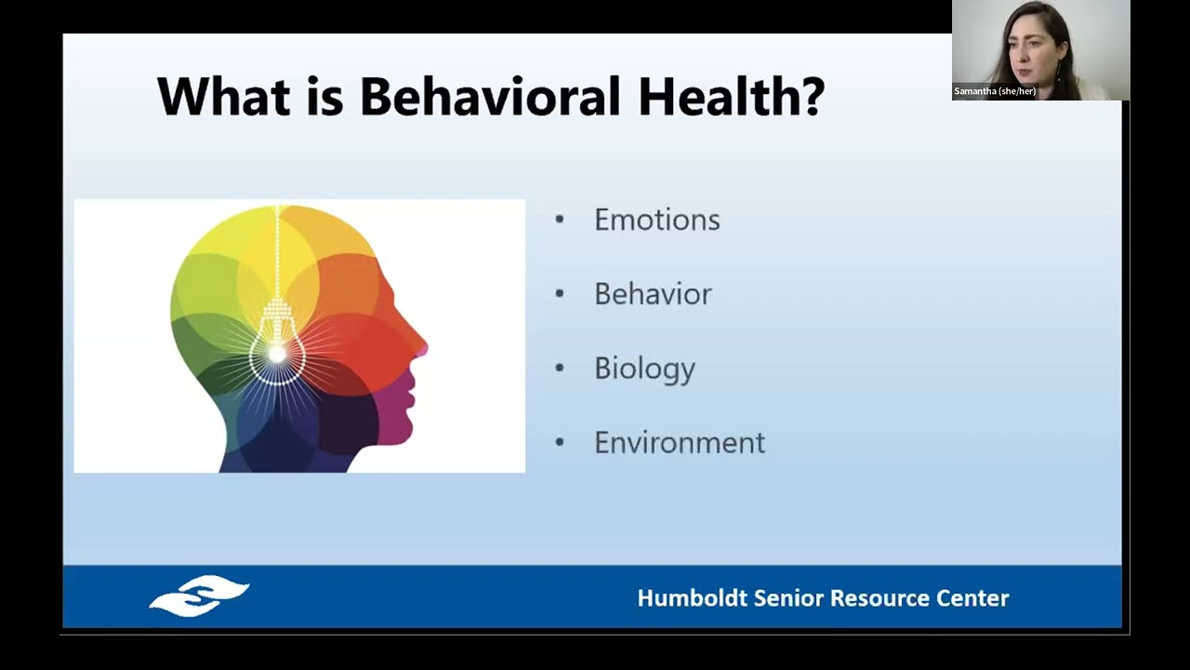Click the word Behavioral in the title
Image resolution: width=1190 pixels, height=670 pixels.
(x=489, y=96)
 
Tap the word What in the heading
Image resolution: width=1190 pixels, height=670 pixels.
(x=223, y=96)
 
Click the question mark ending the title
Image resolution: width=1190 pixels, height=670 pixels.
(x=812, y=96)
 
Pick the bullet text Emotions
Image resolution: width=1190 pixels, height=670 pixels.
(x=656, y=220)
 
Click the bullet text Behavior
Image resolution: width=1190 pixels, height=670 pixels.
(x=653, y=294)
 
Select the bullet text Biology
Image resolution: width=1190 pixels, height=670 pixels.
(x=644, y=368)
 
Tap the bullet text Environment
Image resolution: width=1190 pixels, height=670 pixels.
(x=680, y=443)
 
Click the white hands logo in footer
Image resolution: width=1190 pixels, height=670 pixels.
(x=199, y=596)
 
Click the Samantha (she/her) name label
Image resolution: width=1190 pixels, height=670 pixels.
(x=995, y=91)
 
